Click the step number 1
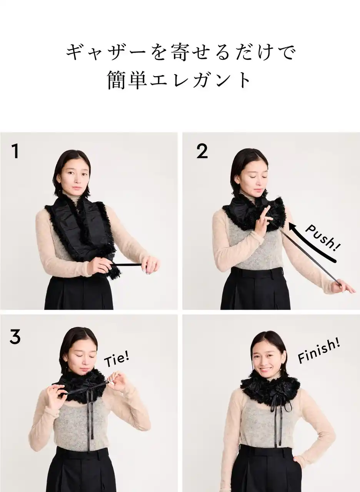tap(15, 151)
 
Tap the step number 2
tap(202, 151)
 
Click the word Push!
tap(323, 238)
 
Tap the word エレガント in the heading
tap(200, 80)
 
